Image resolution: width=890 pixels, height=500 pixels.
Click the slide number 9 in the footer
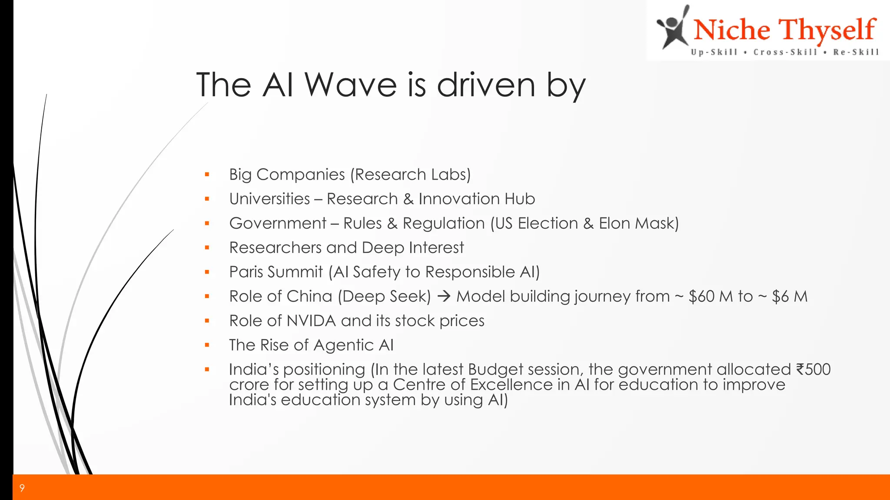[22, 488]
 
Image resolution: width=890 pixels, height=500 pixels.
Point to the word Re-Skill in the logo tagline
[856, 53]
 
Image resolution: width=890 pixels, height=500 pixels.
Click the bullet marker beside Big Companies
[207, 175]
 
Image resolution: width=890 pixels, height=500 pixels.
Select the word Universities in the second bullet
[269, 199]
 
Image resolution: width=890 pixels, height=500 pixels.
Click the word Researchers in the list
[275, 248]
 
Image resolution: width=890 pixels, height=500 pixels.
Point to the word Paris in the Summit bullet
[246, 272]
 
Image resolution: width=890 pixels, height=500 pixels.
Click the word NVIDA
[311, 321]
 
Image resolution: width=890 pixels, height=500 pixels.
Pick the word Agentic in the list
[343, 345]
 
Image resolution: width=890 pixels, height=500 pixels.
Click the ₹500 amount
[813, 369]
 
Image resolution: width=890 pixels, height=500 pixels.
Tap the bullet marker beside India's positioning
[207, 370]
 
